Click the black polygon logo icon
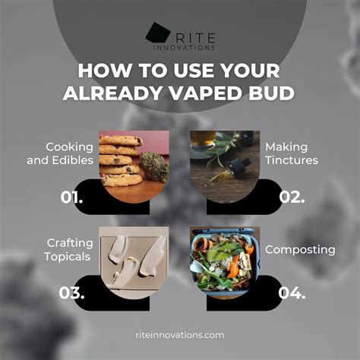pyautogui.click(x=157, y=32)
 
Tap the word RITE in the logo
pyautogui.click(x=195, y=38)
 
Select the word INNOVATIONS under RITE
pyautogui.click(x=185, y=48)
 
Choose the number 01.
pyautogui.click(x=71, y=197)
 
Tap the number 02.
pyautogui.click(x=292, y=197)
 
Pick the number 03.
pyautogui.click(x=71, y=293)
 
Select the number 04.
pyautogui.click(x=292, y=293)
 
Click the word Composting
pyautogui.click(x=300, y=250)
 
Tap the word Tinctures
pyautogui.click(x=292, y=160)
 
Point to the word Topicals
pyautogui.click(x=68, y=257)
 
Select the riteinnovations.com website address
pyautogui.click(x=180, y=335)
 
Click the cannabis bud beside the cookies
pyautogui.click(x=154, y=166)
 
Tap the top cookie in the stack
pyautogui.click(x=121, y=141)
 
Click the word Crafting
pyautogui.click(x=70, y=243)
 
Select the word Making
pyautogui.click(x=286, y=147)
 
